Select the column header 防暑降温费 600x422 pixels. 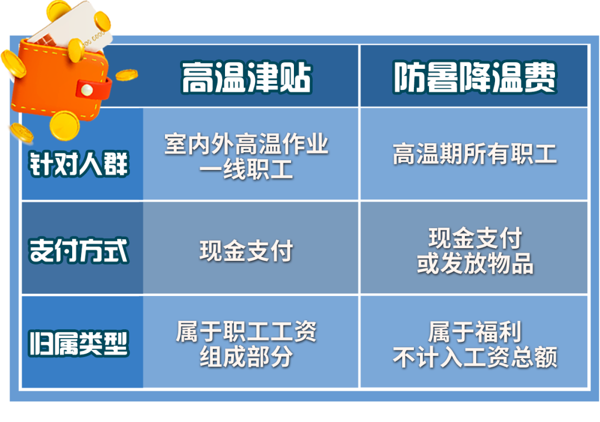pos(474,78)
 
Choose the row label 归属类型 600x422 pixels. pos(79,343)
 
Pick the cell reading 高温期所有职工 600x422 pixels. pos(474,155)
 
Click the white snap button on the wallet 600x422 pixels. pos(86,88)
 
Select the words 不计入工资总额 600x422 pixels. pos(475,358)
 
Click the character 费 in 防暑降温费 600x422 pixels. pos(541,78)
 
